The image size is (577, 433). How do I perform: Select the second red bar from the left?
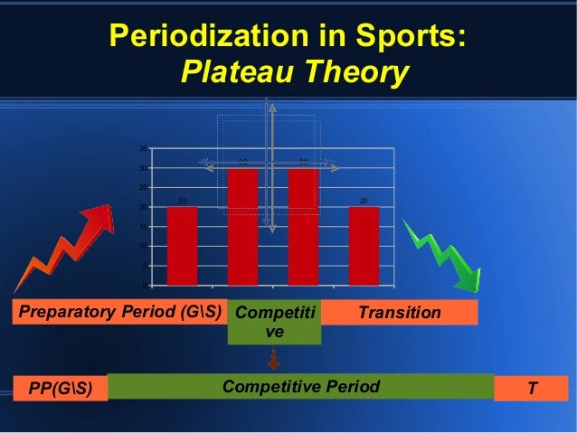tap(242, 226)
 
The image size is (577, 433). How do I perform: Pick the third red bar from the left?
tap(303, 226)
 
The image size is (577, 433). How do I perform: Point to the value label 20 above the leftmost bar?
tap(182, 201)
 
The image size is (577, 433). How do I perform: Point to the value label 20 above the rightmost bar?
tap(364, 201)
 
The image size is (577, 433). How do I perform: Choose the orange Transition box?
tap(399, 313)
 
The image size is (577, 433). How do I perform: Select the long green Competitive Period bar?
tap(300, 387)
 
